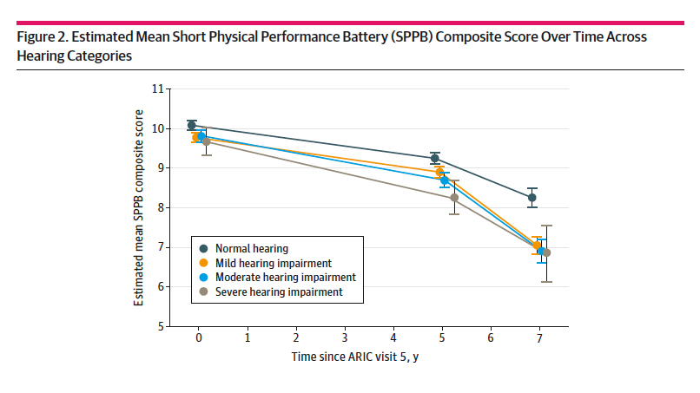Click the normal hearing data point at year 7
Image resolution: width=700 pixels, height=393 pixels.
[x=532, y=198]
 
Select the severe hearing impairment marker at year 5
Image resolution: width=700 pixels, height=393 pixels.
[x=454, y=197]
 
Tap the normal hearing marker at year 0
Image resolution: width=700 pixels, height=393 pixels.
[x=191, y=126]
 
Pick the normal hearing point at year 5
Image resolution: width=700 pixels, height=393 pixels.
[x=434, y=159]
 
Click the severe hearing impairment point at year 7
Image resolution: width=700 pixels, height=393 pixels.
[x=546, y=252]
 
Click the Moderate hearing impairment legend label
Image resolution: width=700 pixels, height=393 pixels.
[x=286, y=277]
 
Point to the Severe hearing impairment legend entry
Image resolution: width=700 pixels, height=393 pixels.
[x=280, y=292]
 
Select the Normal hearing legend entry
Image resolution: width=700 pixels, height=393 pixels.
[x=251, y=247]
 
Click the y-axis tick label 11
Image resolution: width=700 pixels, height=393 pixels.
[x=157, y=88]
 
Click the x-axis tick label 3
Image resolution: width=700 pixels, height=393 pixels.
[x=345, y=337]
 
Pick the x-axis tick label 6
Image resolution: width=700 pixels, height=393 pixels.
[x=491, y=337]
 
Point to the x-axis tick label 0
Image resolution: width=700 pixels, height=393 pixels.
[x=198, y=337]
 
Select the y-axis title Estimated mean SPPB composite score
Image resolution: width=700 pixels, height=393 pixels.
[x=138, y=208]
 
